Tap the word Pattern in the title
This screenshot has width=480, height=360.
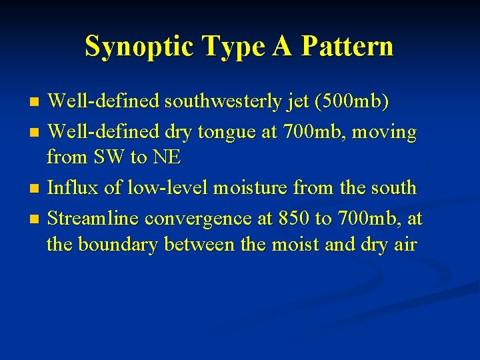pos(347,46)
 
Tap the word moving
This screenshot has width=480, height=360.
pos(385,132)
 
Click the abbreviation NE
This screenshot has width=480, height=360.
pos(168,158)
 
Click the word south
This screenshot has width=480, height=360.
pos(391,188)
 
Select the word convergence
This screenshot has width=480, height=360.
pos(199,219)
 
